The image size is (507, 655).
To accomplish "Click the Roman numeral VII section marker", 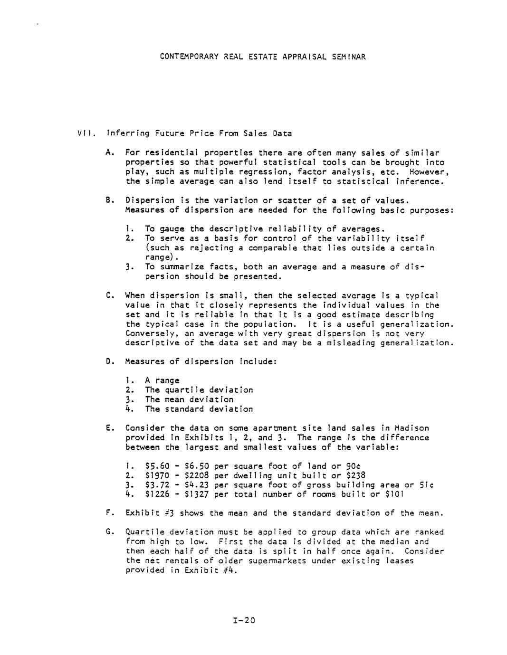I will [x=87, y=133].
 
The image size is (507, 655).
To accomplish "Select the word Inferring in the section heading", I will [x=128, y=133].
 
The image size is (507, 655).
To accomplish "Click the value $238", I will [x=356, y=475].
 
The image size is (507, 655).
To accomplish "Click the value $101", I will [x=395, y=494].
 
